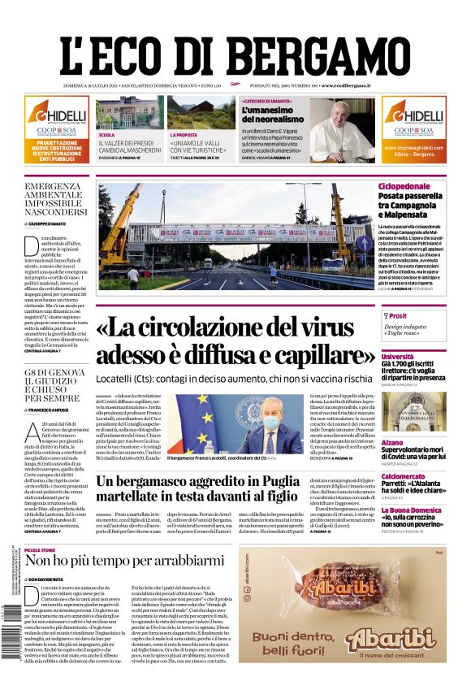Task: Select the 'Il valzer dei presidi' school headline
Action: (128, 147)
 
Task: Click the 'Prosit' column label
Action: (398, 315)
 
